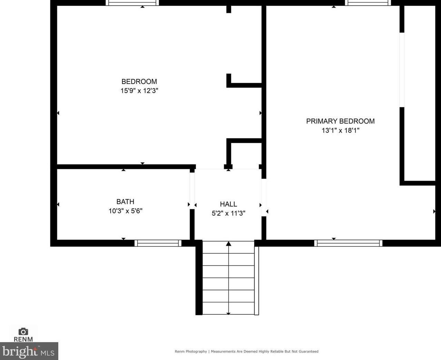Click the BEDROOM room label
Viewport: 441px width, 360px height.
(x=139, y=81)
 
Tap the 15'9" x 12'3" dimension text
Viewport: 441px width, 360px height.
(x=139, y=91)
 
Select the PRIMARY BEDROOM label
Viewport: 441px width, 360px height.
(x=340, y=121)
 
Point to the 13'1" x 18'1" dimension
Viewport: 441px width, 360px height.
(x=340, y=130)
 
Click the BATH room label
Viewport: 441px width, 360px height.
(x=125, y=202)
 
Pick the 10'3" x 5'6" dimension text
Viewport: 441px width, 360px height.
(x=125, y=211)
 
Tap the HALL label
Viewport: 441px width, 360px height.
(x=228, y=204)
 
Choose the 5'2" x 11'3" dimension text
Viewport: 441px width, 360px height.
(x=228, y=213)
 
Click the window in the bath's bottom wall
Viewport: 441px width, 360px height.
(x=158, y=243)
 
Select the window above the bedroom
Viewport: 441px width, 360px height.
(x=132, y=3)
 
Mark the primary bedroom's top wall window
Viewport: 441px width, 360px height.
(x=368, y=3)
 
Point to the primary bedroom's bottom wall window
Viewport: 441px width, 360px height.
(x=348, y=243)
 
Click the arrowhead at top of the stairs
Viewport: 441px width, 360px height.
(x=228, y=244)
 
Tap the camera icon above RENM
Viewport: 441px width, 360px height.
(x=23, y=331)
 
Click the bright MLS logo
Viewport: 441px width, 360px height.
(x=29, y=351)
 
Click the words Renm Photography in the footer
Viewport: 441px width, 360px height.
(x=191, y=351)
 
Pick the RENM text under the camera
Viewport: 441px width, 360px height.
(x=23, y=339)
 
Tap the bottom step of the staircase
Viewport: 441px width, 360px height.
(x=228, y=308)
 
